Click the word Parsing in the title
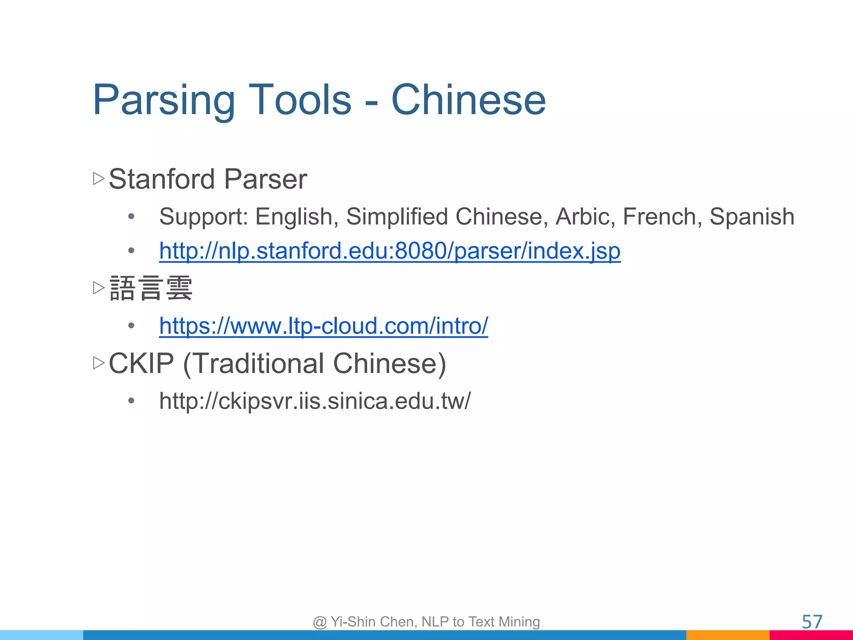164,100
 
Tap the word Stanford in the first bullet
162,179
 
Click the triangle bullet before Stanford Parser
99,179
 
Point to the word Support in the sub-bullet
204,217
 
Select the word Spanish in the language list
752,217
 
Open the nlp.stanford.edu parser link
389,251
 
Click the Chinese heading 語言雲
151,288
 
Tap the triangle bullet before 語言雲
99,287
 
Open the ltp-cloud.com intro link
323,326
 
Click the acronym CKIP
141,363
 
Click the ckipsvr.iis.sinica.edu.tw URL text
315,401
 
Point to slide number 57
812,622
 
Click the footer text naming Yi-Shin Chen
426,622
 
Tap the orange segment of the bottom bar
728,635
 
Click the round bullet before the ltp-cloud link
132,326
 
